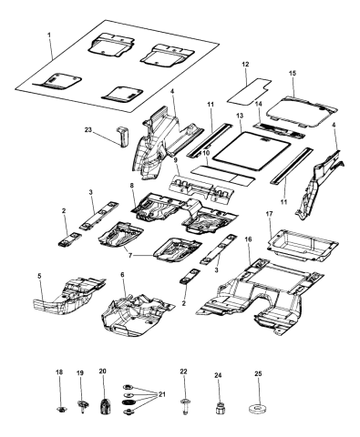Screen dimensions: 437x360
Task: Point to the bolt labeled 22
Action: click(186, 402)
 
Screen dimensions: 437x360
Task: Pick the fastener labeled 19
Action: click(81, 405)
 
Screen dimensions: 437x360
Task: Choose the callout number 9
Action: click(175, 158)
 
